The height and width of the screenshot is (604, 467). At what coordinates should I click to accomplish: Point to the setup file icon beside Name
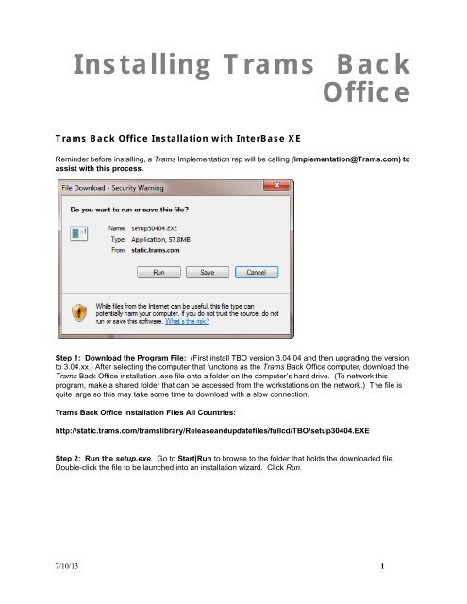pyautogui.click(x=83, y=233)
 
